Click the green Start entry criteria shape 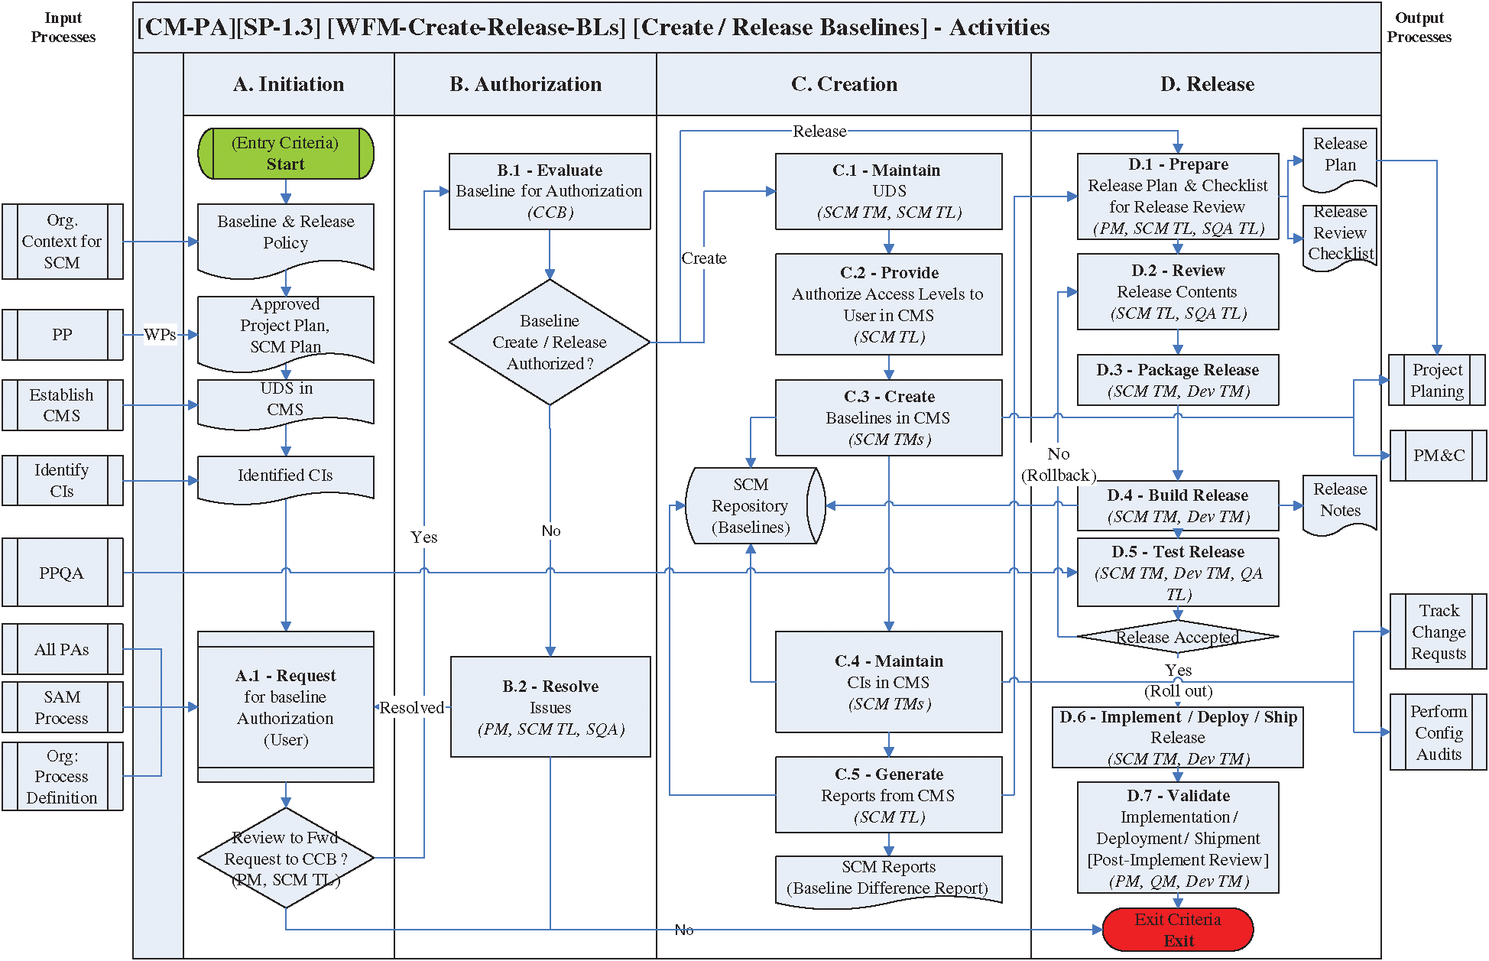click(286, 154)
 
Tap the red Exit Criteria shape click(1178, 930)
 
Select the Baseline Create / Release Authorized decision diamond click(550, 342)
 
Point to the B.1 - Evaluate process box click(550, 191)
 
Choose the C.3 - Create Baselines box click(888, 417)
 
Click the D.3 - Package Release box click(1178, 380)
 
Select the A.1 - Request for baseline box click(286, 706)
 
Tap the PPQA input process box click(63, 573)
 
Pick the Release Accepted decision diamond click(1178, 636)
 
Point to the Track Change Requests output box click(1439, 631)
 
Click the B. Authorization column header click(525, 84)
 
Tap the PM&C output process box click(1439, 456)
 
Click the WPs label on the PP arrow click(160, 334)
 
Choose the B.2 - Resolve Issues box click(550, 706)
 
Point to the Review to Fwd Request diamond click(286, 858)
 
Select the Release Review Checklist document click(1340, 235)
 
